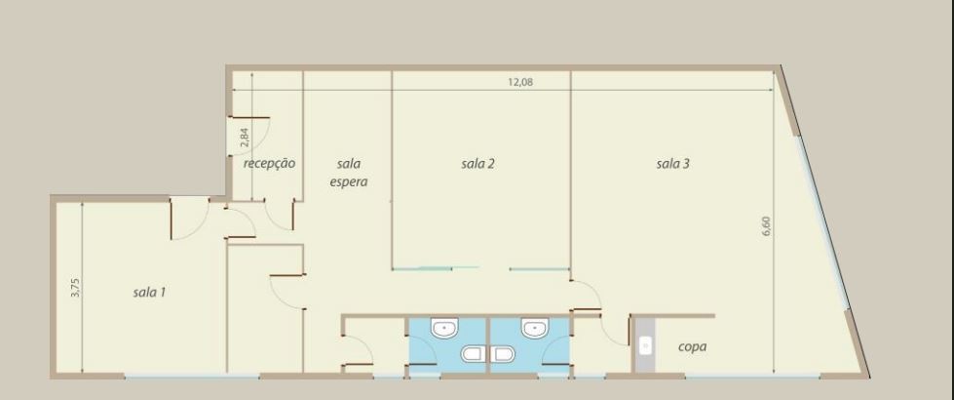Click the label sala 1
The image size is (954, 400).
150,293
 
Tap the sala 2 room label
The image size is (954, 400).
477,163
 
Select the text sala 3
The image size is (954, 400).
673,163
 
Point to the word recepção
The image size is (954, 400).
270,163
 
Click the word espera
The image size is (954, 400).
349,181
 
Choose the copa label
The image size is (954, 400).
693,347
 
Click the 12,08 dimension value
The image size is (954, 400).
520,82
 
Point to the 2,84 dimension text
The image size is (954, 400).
245,136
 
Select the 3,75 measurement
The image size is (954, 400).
75,287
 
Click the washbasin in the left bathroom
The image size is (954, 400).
447,329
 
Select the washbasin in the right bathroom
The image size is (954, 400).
536,329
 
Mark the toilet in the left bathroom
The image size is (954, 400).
473,354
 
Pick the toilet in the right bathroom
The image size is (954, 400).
505,354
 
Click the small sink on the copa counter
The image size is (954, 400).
645,346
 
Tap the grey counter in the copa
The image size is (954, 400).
645,345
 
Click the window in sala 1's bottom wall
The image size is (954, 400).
192,376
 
